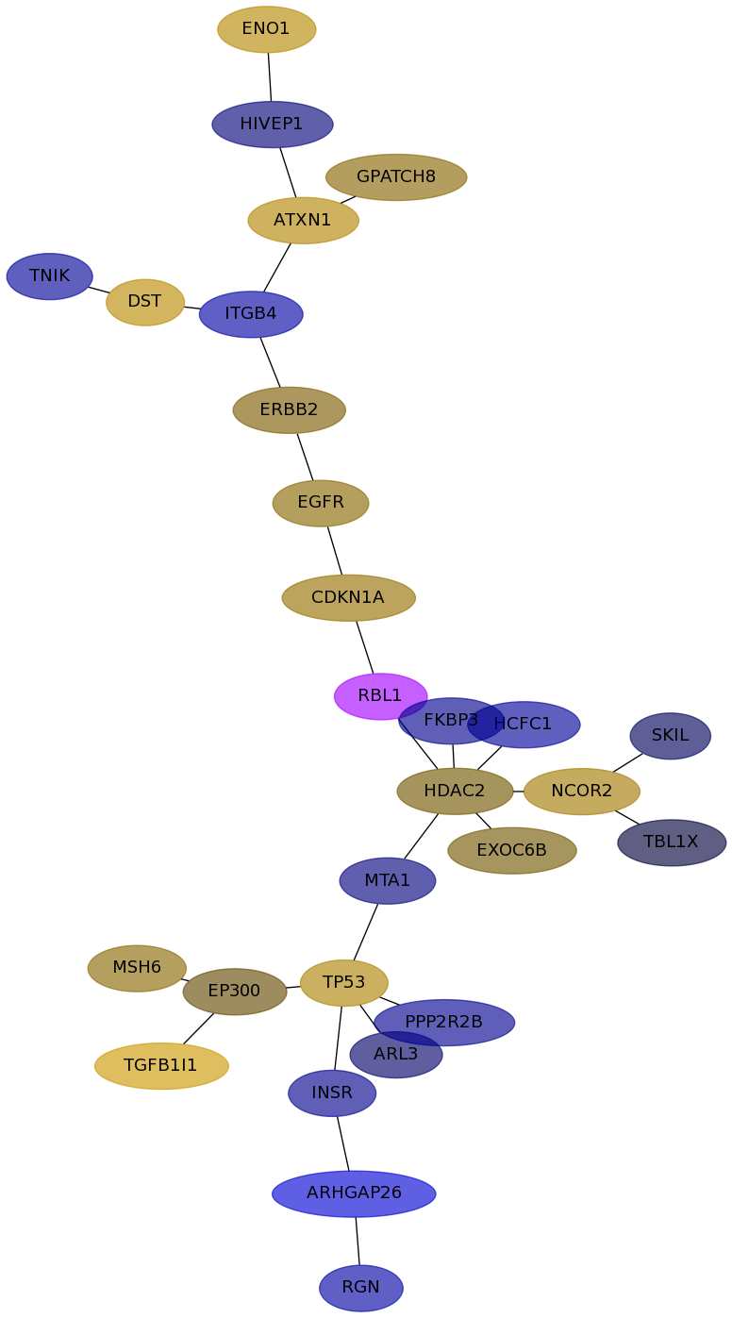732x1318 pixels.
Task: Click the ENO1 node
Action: click(x=267, y=29)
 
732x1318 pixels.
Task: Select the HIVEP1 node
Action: click(x=273, y=125)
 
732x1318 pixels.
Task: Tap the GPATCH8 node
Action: click(x=396, y=177)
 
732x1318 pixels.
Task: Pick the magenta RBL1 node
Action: click(x=381, y=696)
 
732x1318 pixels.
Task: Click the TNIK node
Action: click(x=49, y=275)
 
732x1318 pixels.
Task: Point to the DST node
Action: click(x=145, y=302)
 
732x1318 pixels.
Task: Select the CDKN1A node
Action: click(x=349, y=598)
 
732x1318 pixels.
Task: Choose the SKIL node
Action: click(x=671, y=736)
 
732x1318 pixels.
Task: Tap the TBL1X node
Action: click(x=672, y=842)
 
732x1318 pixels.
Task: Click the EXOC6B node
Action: click(x=512, y=850)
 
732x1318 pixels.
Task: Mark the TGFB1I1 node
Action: click(x=161, y=1065)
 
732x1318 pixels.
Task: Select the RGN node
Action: click(x=361, y=1288)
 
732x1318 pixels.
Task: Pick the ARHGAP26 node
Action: click(x=354, y=1193)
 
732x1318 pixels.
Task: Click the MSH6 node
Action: click(x=137, y=968)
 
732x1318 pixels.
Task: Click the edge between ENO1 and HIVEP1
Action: click(x=270, y=77)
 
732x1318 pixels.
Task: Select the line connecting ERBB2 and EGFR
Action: click(x=305, y=457)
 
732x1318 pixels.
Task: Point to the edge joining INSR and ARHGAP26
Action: click(x=343, y=1143)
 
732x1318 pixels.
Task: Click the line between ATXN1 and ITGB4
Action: click(x=277, y=267)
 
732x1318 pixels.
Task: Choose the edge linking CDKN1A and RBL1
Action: click(x=365, y=647)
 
